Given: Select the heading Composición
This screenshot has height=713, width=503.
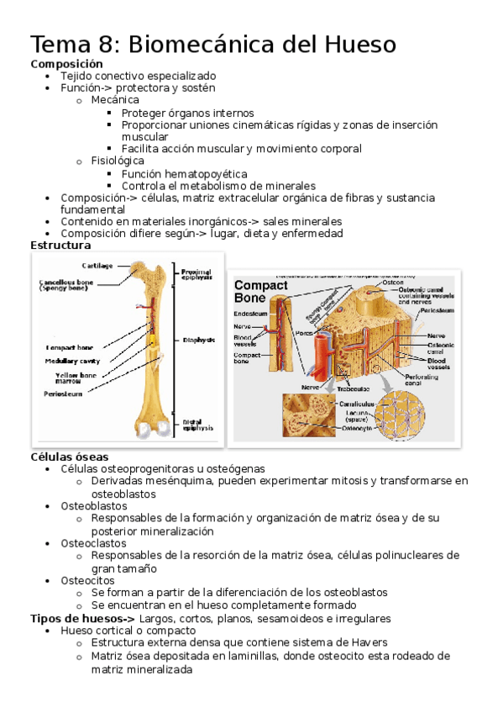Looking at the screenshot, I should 66,64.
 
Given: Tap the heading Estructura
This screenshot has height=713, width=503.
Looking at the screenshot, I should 60,246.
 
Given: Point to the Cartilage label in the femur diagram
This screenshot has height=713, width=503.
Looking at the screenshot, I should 98,266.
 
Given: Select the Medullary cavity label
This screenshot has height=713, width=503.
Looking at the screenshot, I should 71,361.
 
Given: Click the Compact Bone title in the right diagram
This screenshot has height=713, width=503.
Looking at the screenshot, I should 260,291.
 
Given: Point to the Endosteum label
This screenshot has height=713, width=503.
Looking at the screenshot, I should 251,314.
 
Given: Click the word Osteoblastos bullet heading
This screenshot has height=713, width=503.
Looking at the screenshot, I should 94,506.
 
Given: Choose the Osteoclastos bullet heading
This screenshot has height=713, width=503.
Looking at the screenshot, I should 94,543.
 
